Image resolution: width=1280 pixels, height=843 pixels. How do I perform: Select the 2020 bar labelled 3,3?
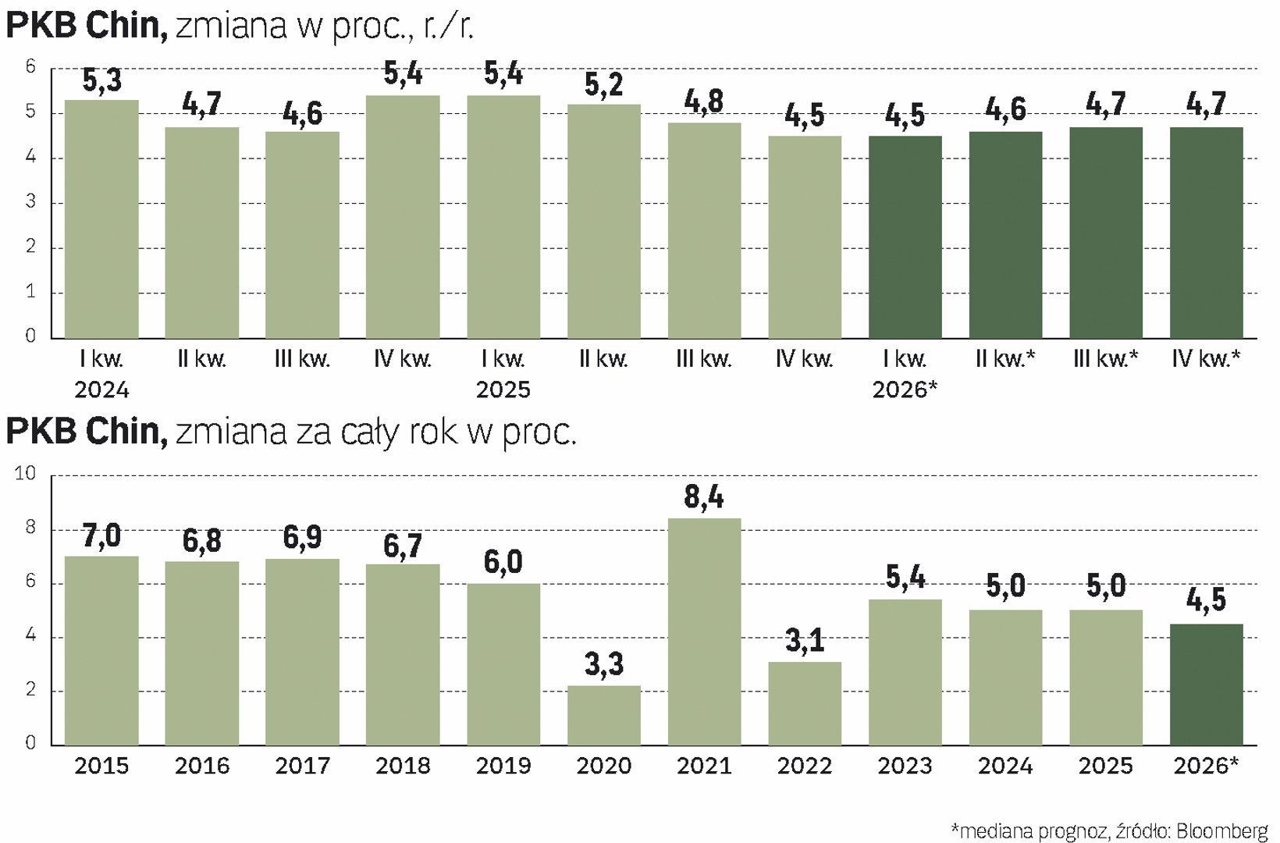pyautogui.click(x=603, y=715)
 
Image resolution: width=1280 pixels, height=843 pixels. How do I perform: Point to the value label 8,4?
pyautogui.click(x=704, y=497)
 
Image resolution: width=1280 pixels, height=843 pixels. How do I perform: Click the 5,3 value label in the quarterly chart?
pyautogui.click(x=101, y=81)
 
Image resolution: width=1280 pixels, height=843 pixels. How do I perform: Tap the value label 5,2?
pyautogui.click(x=603, y=85)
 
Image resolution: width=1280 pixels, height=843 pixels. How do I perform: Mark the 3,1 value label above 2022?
pyautogui.click(x=805, y=641)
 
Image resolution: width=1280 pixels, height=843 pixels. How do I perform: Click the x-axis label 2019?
pyautogui.click(x=503, y=767)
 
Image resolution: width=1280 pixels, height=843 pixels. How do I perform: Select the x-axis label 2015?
pyautogui.click(x=101, y=767)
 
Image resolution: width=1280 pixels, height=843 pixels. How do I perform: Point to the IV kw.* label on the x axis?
pyautogui.click(x=1206, y=359)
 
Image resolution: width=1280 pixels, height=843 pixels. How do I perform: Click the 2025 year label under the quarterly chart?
pyautogui.click(x=503, y=389)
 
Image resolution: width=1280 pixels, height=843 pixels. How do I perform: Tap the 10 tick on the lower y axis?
pyautogui.click(x=26, y=473)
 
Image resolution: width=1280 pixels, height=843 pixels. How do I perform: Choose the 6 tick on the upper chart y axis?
pyautogui.click(x=30, y=67)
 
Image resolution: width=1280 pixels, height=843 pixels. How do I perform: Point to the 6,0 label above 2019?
pyautogui.click(x=503, y=562)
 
